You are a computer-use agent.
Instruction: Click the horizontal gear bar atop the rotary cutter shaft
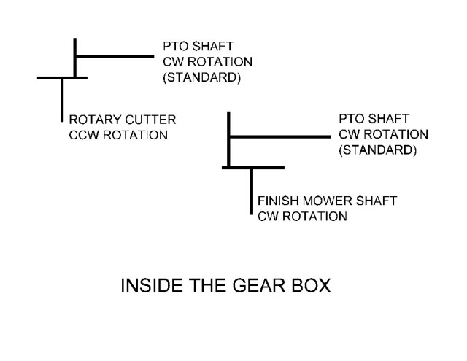point(62,77)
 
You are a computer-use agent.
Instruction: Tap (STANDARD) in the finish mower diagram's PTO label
point(378,152)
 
